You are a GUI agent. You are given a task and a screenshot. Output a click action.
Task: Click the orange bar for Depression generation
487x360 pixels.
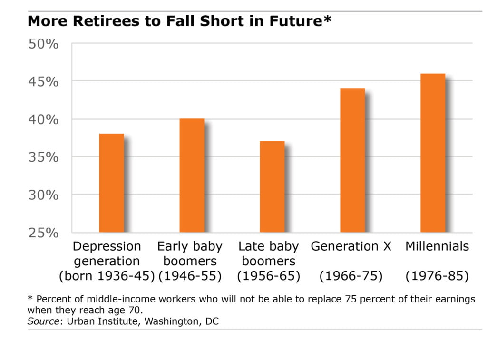coord(111,183)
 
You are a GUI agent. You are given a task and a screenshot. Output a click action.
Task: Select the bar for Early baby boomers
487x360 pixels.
coord(192,175)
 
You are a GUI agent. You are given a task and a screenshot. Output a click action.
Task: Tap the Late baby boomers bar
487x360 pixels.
coord(272,187)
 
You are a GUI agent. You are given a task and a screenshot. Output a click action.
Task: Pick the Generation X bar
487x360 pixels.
coord(352,160)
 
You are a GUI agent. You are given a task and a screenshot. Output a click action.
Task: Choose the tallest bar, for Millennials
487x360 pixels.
coord(433,153)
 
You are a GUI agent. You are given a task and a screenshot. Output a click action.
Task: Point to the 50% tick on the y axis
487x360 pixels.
coord(43,44)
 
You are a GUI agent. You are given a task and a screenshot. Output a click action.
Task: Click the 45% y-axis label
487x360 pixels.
coord(43,82)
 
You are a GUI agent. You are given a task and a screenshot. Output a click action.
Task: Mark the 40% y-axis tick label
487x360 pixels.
coord(43,120)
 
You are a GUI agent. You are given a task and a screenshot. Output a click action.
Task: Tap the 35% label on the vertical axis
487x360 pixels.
coord(43,157)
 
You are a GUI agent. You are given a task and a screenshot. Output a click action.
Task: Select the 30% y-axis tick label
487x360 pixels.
coord(43,195)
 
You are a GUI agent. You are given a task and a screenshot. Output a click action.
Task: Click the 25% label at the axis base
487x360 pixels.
coord(43,233)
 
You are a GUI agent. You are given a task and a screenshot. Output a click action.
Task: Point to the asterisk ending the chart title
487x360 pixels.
coord(327,19)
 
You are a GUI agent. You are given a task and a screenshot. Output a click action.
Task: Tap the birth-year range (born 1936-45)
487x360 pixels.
coord(107,276)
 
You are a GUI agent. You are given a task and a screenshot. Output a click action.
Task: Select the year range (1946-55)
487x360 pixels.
coord(190,276)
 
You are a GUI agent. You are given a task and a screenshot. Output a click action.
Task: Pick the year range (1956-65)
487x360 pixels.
coord(269,276)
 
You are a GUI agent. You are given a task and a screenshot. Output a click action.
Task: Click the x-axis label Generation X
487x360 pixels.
coord(351,246)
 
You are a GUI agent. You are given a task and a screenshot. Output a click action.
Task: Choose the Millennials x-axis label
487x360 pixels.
coord(437,246)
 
